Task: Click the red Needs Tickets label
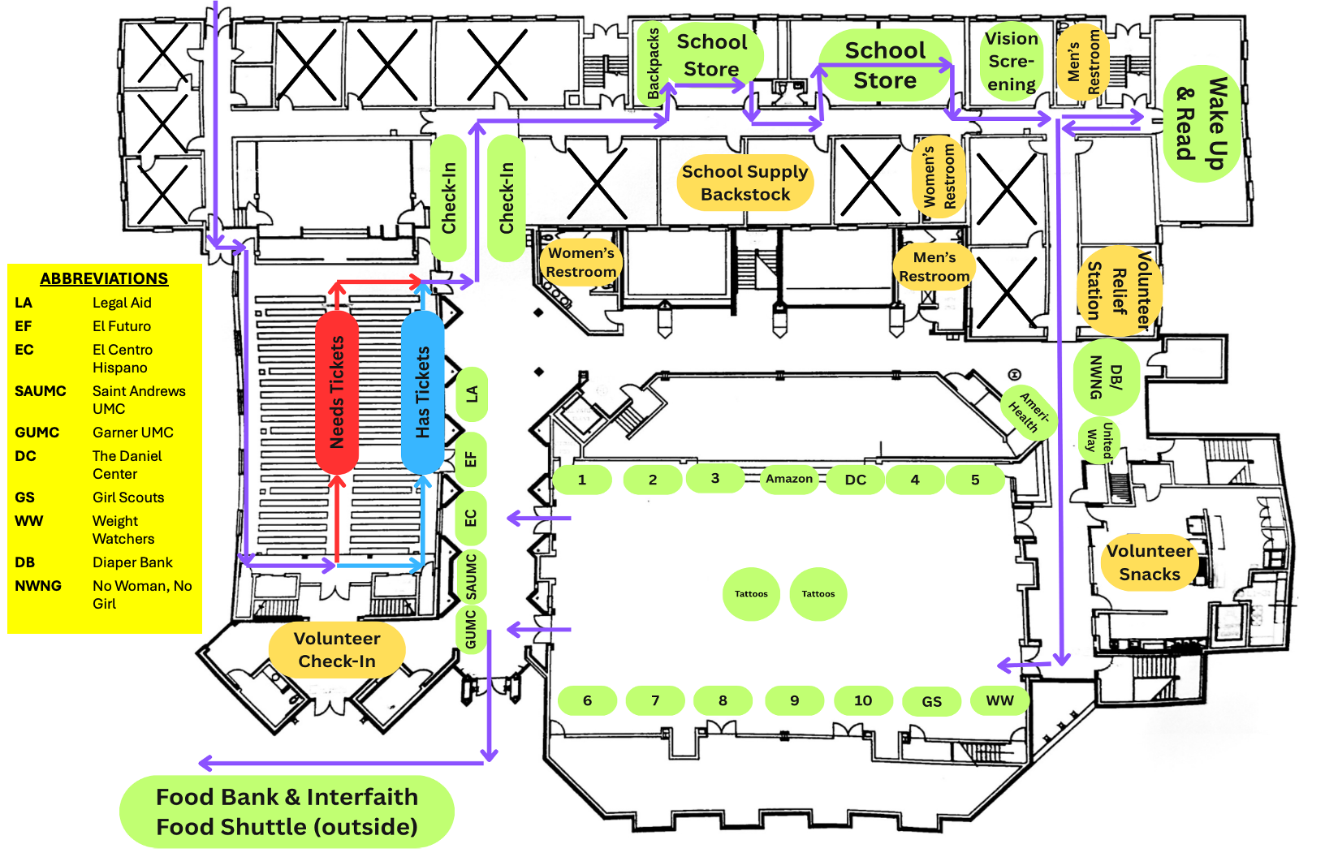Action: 337,392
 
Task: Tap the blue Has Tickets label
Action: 422,392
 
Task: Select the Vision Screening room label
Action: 1011,62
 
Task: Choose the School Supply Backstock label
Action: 745,183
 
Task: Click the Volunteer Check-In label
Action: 337,650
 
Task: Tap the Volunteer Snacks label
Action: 1150,562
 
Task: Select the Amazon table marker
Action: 789,479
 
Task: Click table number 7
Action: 655,700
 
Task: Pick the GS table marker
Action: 932,701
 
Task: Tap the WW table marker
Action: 999,700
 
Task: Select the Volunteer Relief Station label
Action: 1120,291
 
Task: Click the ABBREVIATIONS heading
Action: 104,278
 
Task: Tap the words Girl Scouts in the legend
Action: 128,497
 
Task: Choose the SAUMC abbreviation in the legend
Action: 41,391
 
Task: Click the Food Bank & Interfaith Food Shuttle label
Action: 287,812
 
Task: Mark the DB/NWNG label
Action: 1105,377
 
